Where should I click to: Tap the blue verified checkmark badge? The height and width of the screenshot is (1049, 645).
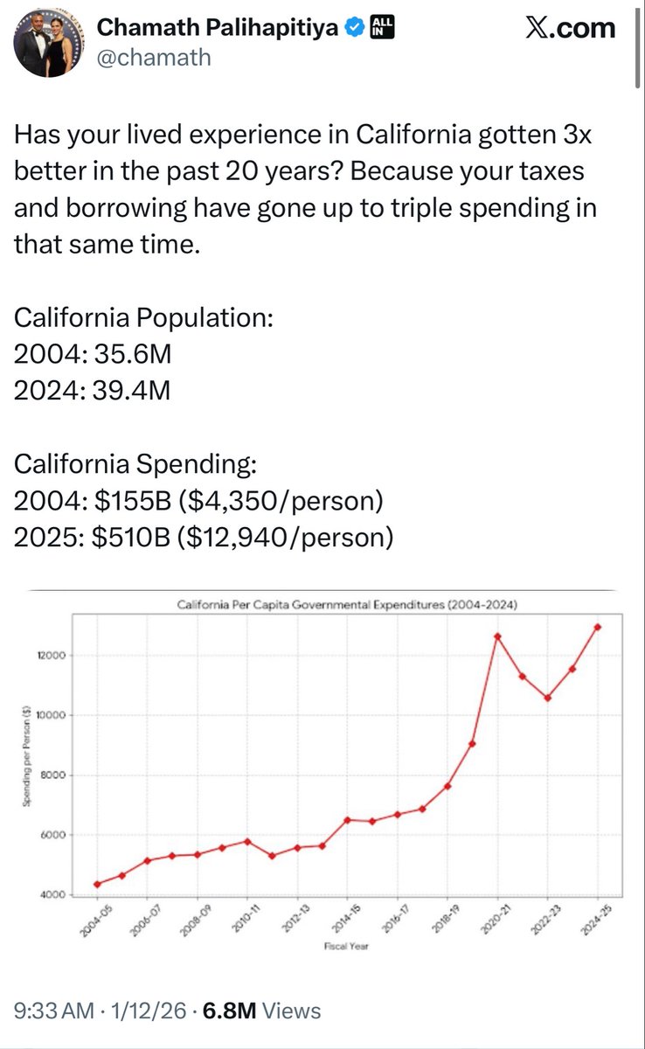353,28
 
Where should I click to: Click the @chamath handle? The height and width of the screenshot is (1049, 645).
154,58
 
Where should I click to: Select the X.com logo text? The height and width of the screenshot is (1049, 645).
571,28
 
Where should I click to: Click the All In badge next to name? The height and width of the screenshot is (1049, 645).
382,28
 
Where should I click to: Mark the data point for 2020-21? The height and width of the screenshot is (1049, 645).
497,636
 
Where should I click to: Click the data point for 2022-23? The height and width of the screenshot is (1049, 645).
547,698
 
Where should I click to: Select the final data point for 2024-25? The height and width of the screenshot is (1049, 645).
598,627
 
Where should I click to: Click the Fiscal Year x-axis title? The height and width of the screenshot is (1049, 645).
348,946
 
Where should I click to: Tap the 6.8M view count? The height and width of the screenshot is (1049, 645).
230,1011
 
